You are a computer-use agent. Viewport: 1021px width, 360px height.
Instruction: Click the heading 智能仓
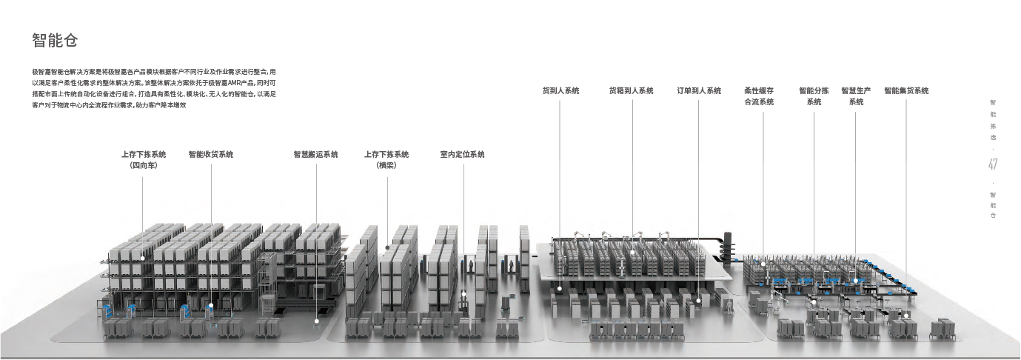56,40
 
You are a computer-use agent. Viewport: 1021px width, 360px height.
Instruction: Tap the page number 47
993,164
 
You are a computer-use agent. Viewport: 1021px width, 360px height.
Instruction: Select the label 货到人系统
560,91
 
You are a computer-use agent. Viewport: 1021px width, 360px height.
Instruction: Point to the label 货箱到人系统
631,91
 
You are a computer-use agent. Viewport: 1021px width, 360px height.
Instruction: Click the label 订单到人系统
698,91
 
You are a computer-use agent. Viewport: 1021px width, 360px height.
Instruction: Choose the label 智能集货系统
905,91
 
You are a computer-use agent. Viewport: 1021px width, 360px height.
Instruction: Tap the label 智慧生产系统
856,96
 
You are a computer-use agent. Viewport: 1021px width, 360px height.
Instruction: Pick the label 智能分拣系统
814,96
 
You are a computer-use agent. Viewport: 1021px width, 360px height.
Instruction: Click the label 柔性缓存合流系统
758,96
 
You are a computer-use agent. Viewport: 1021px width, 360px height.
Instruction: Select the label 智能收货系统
210,155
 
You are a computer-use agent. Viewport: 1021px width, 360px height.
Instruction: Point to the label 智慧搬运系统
315,155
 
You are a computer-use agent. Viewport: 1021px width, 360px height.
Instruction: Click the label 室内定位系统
462,155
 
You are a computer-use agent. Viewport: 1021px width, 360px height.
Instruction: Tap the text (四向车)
144,166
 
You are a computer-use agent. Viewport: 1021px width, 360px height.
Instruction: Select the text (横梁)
386,166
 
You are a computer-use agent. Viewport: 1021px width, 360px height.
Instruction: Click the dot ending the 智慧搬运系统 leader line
316,321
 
